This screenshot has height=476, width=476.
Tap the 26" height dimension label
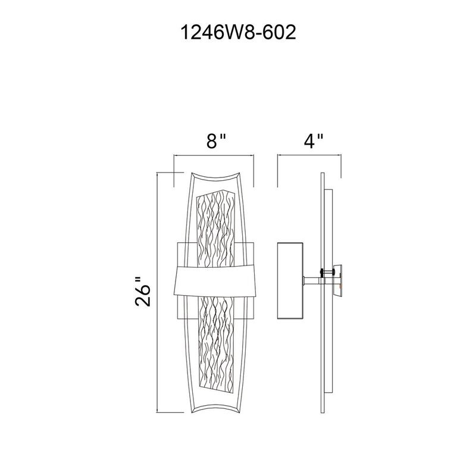click(142, 292)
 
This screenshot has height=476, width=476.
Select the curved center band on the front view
click(214, 280)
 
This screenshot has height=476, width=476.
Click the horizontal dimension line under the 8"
click(214, 156)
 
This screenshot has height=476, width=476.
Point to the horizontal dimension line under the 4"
click(309, 156)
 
